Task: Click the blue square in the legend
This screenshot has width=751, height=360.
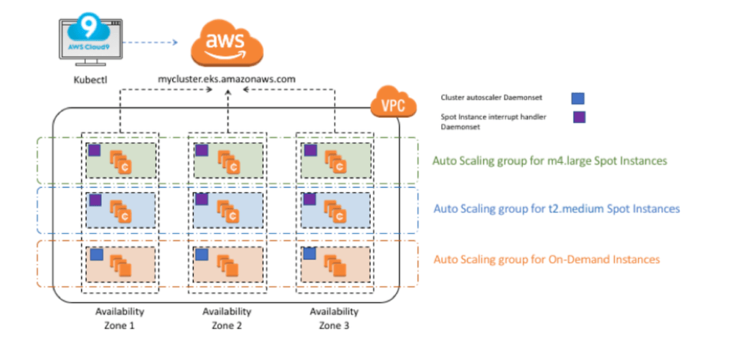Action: (578, 97)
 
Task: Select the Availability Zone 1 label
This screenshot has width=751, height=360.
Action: (120, 318)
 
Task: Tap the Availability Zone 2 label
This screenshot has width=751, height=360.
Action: (227, 318)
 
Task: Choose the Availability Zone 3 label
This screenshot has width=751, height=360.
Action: (334, 318)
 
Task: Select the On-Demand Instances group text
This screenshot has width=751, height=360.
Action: (546, 259)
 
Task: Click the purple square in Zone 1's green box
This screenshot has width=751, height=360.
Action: (93, 150)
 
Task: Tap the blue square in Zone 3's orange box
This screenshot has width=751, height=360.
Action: (309, 254)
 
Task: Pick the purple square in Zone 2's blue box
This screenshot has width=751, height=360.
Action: (200, 199)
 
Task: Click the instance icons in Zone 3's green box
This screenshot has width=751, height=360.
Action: (336, 162)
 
